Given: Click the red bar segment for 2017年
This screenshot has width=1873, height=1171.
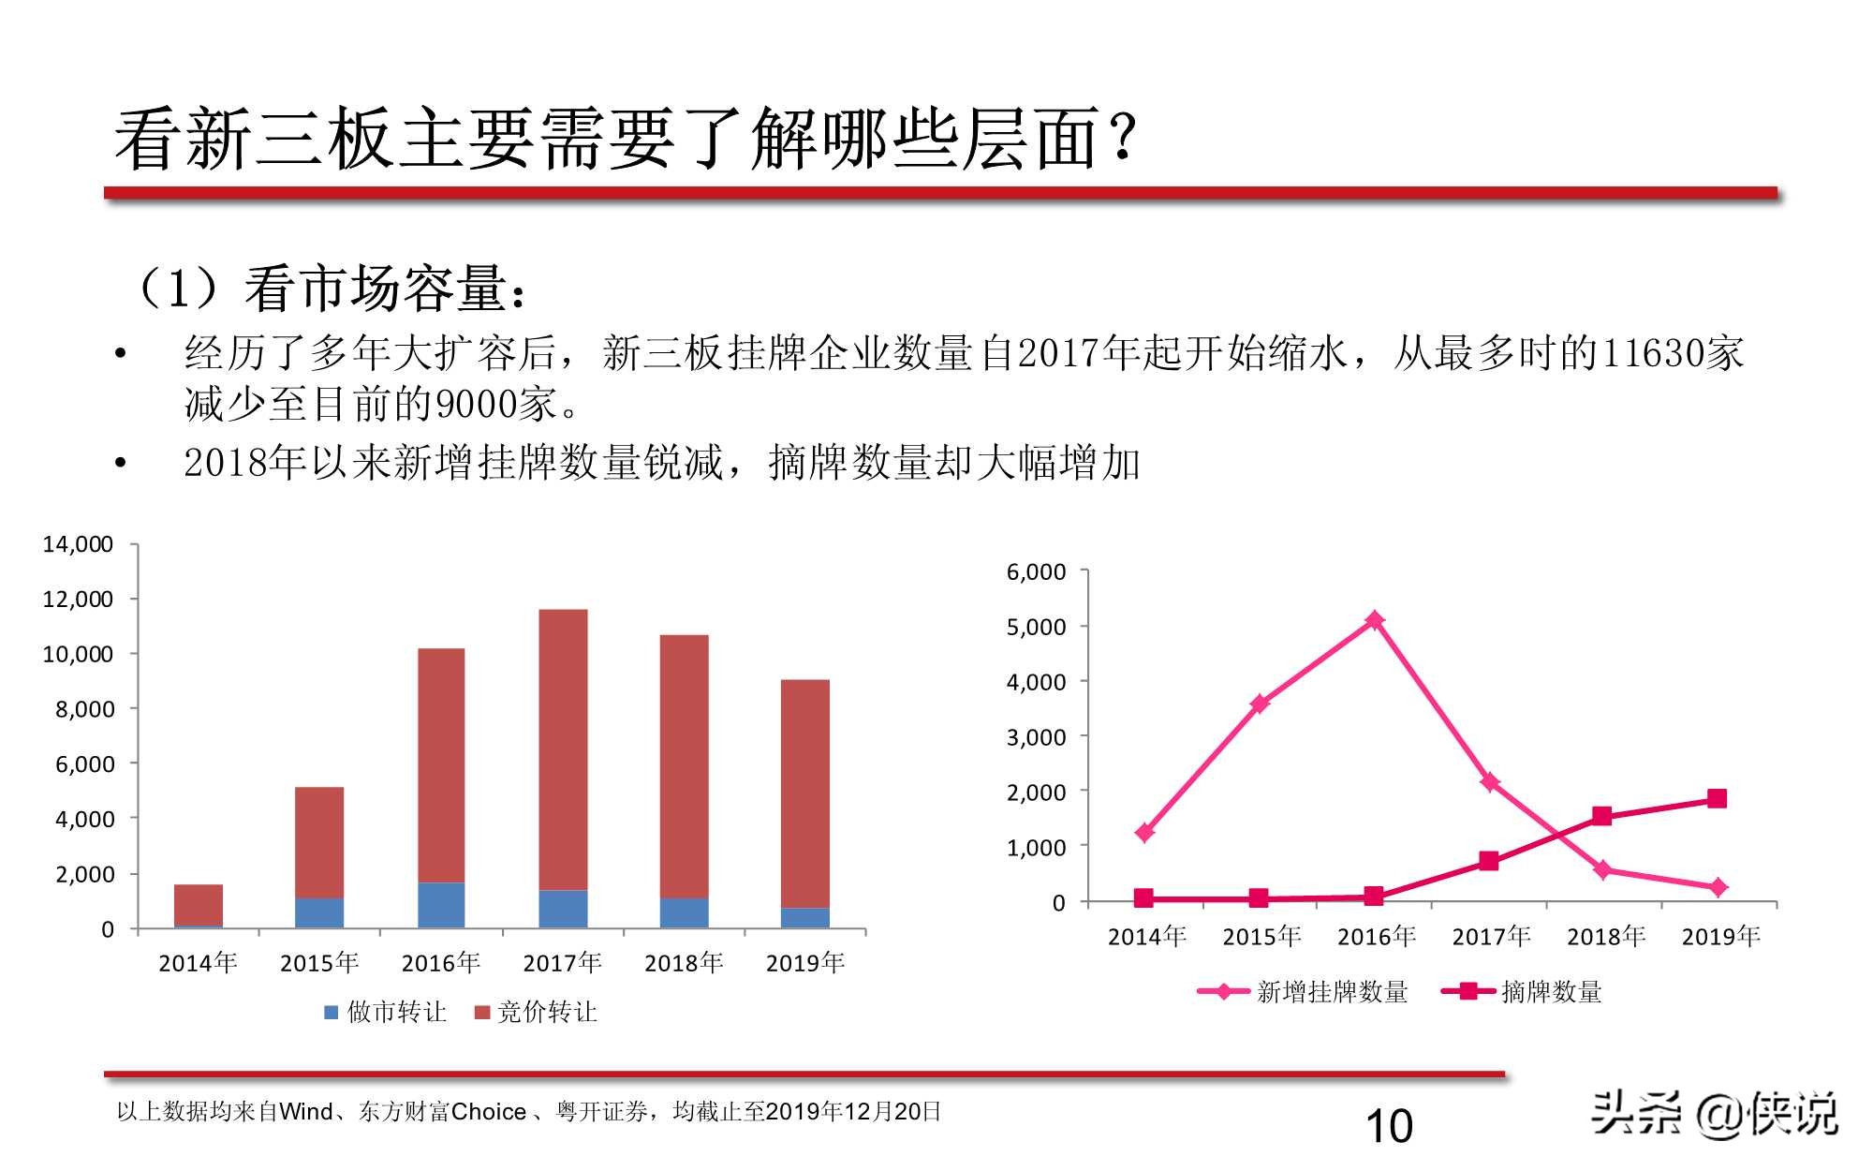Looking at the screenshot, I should point(563,749).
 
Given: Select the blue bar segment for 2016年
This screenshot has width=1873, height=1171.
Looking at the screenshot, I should point(441,905).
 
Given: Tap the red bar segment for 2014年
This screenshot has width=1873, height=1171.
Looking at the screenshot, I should point(199,904).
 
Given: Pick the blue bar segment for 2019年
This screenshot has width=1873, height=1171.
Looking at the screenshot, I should point(804,917).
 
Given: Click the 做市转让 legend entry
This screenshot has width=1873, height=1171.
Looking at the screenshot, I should point(385,1012).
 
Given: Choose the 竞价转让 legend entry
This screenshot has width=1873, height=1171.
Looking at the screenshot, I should point(536,1012).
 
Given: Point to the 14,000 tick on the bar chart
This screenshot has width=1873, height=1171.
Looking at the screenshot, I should point(78,544).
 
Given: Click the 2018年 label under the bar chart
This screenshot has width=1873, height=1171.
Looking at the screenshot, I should point(684,963).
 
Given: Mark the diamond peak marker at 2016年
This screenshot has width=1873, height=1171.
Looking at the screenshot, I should point(1375,620).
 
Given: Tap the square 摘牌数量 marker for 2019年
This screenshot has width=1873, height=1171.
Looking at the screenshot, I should point(1717,798).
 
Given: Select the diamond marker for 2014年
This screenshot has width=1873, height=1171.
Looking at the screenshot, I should point(1144,833).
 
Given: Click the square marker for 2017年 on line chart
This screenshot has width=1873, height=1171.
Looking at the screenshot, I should point(1489,861).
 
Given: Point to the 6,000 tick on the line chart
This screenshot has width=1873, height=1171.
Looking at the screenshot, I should point(1036,572).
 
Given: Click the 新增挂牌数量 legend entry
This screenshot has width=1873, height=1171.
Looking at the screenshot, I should point(1304,992).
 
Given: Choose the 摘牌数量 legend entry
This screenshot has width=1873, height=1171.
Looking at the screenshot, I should point(1522,992).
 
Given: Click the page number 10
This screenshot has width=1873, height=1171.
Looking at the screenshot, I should point(1389,1126).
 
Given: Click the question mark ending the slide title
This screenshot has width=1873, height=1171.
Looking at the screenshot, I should point(1123,138).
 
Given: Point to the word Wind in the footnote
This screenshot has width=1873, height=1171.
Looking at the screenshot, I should point(306,1112).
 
